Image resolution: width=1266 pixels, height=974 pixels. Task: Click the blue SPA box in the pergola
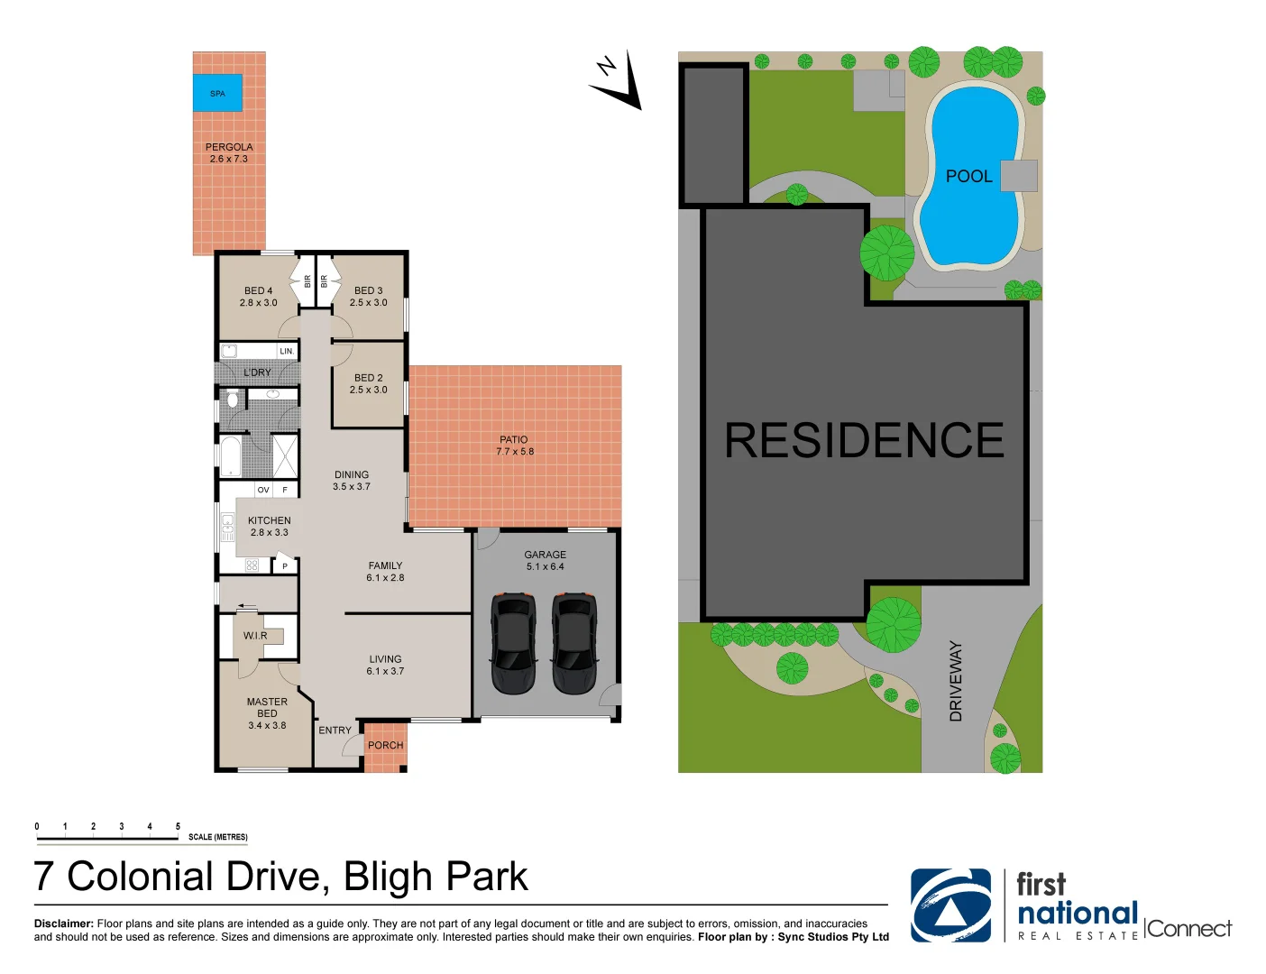pos(217,93)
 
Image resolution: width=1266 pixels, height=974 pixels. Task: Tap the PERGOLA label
pos(229,147)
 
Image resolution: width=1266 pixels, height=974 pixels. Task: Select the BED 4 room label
pos(258,291)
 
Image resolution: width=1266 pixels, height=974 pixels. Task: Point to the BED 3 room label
pos(368,291)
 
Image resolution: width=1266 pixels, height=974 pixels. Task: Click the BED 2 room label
pos(368,378)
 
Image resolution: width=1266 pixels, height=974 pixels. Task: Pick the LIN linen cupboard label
pos(286,352)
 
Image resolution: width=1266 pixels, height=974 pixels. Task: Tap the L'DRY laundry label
pos(257,372)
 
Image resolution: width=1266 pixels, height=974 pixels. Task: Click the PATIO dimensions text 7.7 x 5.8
pos(515,452)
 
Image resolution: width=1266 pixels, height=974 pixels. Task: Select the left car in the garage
pos(513,643)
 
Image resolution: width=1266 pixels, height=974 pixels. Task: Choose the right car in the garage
pos(574,643)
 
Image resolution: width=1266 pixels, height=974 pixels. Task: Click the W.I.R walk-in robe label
pos(255,636)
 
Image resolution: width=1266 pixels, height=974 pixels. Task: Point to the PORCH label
pos(385,746)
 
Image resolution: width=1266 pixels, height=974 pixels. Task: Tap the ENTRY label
pos(335,730)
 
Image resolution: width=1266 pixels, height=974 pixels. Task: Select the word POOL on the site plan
pos(968,177)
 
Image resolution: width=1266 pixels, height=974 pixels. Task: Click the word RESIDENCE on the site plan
pos(864,441)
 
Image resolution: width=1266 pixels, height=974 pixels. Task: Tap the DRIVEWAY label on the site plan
pos(956,681)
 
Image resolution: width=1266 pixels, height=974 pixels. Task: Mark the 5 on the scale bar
pos(178,826)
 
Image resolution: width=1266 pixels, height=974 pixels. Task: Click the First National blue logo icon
pos(950,905)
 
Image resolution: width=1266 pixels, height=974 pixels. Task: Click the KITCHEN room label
pos(270,521)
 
